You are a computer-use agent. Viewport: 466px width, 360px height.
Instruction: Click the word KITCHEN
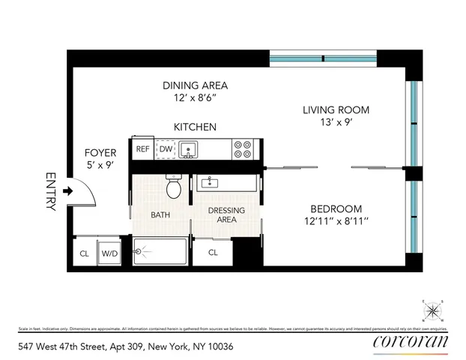[x=196, y=127]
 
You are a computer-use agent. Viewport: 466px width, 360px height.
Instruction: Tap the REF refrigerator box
[x=142, y=148]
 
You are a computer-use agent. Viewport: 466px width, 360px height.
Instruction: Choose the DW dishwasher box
[x=165, y=148]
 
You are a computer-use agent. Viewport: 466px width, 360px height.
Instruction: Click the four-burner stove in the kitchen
[x=241, y=148]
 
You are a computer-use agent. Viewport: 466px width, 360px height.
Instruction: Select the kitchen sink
[x=187, y=149]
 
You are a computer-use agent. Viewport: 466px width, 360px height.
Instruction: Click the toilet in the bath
[x=173, y=187]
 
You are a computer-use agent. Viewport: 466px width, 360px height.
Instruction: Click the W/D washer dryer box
[x=109, y=253]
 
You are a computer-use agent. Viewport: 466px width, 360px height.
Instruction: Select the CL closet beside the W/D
[x=85, y=253]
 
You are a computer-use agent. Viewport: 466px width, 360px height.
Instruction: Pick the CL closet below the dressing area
[x=213, y=253]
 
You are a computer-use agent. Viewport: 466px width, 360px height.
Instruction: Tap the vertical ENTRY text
[x=51, y=191]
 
